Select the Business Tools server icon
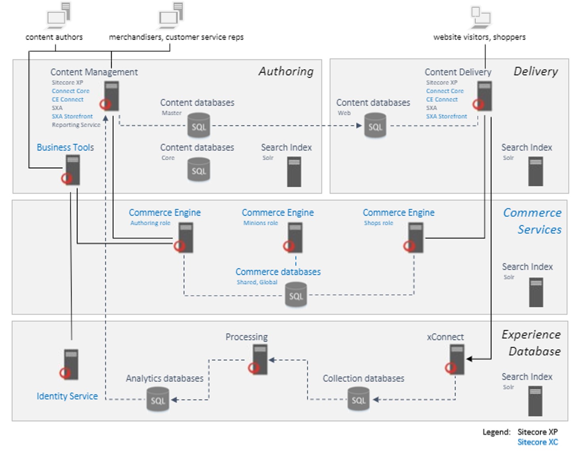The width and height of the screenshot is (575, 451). tap(72, 170)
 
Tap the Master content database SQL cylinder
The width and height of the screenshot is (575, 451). tap(199, 125)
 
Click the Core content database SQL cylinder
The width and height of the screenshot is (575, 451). tap(199, 170)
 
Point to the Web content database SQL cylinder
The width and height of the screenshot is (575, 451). tap(375, 125)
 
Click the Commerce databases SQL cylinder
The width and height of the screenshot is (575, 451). tap(296, 294)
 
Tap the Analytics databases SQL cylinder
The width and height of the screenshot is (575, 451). tap(158, 399)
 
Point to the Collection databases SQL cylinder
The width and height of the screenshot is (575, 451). tap(358, 399)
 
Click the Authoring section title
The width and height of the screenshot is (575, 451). tap(286, 71)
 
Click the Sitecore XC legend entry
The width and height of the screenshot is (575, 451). tap(537, 442)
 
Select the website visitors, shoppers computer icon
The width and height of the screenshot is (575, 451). tap(481, 17)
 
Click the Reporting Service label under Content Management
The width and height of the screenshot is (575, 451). tap(76, 125)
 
